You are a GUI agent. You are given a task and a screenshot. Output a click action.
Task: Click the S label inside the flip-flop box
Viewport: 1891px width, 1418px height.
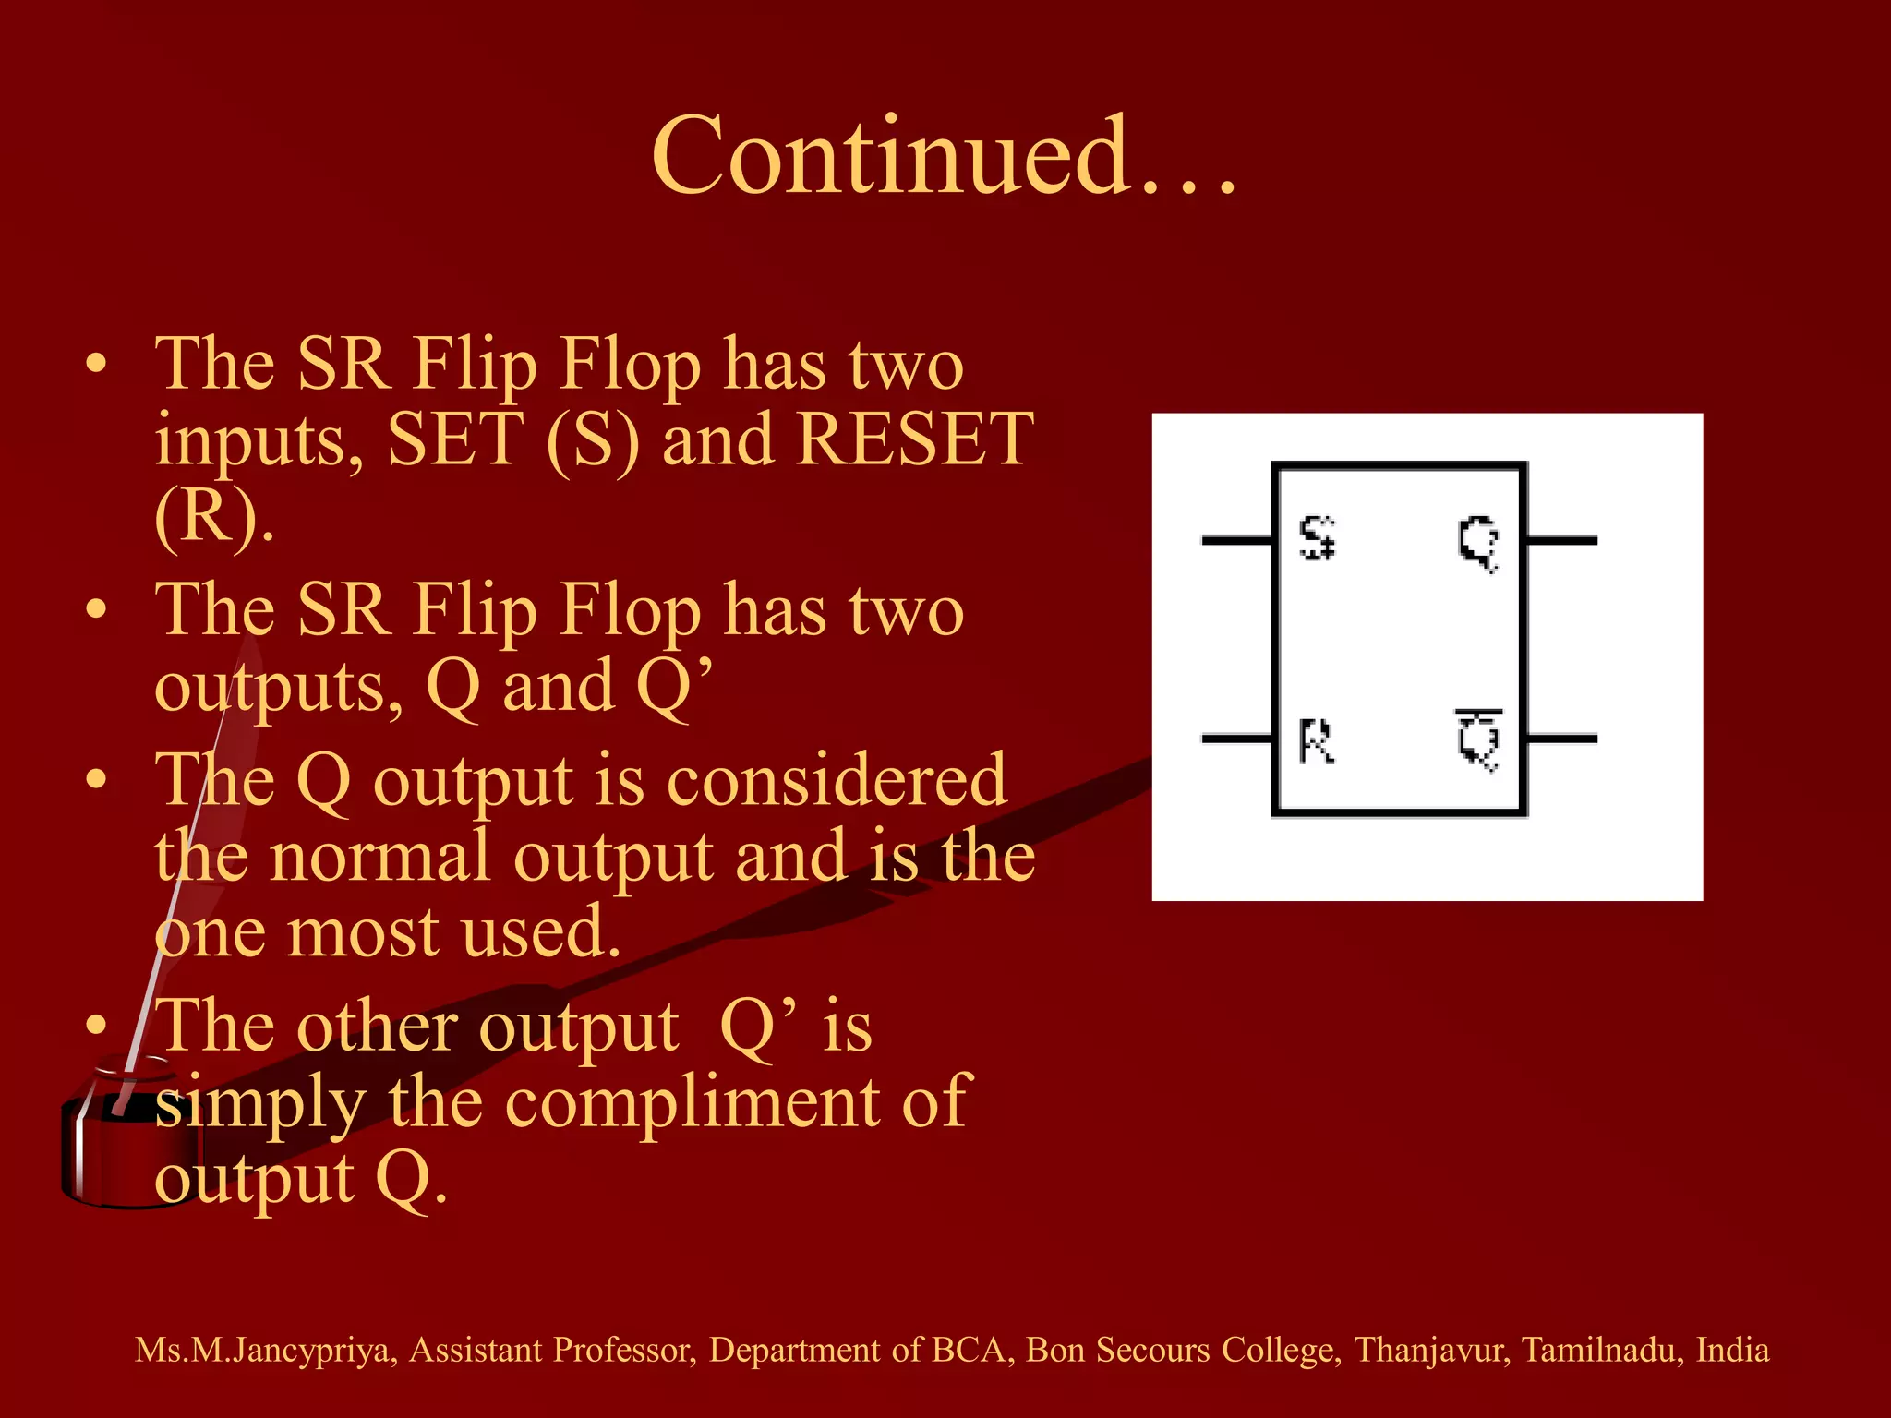click(x=1317, y=539)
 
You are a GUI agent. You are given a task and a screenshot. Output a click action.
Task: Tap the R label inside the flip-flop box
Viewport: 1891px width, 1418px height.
click(x=1317, y=741)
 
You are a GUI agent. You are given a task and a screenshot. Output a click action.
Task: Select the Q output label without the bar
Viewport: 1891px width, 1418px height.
click(x=1478, y=542)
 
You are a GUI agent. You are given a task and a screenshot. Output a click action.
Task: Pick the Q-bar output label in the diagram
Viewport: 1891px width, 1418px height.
click(x=1479, y=740)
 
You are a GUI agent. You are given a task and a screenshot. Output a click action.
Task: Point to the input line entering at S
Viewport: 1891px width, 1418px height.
click(x=1236, y=540)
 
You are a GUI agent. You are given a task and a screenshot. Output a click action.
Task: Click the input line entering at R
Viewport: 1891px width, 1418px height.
click(x=1236, y=739)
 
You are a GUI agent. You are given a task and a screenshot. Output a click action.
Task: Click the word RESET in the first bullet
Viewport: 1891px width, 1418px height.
click(x=914, y=439)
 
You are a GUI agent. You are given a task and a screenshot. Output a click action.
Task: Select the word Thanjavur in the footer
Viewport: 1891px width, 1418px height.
click(x=1431, y=1351)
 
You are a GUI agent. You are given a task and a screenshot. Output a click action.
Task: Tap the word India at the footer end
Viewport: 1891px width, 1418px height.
click(x=1732, y=1351)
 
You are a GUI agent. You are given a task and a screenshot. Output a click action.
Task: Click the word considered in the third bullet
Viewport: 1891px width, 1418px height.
click(x=837, y=781)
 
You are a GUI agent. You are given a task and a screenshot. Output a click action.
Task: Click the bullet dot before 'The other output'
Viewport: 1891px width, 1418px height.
click(x=97, y=1026)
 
